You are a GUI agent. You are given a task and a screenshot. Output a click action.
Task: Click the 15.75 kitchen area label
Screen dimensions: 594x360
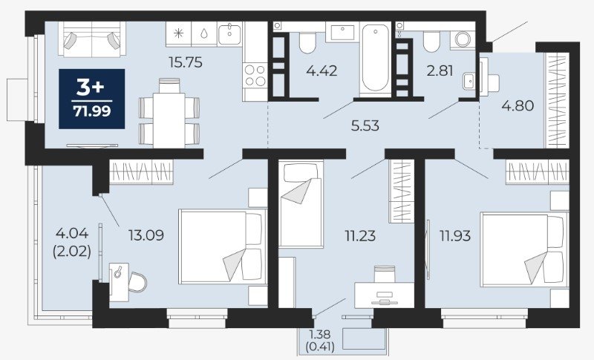[x=186, y=62]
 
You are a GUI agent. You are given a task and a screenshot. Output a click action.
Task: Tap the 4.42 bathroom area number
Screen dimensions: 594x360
[x=322, y=71]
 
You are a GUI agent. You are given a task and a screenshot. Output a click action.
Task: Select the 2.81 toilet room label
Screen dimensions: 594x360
[x=440, y=71]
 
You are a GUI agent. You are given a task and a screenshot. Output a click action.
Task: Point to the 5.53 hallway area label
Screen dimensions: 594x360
[x=365, y=125]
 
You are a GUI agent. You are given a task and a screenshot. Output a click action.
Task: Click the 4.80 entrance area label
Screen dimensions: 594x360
[x=518, y=105]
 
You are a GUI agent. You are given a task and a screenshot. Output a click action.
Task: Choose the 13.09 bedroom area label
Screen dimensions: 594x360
[x=146, y=235]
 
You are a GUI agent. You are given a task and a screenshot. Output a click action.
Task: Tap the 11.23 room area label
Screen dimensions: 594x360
[x=360, y=236]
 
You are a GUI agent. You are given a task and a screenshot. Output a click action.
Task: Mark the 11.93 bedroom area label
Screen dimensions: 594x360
[x=455, y=236]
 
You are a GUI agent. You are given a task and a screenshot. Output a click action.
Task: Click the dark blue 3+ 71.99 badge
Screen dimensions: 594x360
[x=91, y=99]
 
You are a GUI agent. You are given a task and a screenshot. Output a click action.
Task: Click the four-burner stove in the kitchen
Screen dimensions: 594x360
[x=255, y=75]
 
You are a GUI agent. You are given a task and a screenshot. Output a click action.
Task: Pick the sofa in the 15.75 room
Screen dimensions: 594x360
[x=92, y=39]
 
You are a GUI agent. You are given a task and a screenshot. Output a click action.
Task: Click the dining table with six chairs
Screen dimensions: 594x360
[x=169, y=113]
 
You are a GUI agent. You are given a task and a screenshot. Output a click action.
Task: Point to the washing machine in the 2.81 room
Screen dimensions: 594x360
[x=463, y=39]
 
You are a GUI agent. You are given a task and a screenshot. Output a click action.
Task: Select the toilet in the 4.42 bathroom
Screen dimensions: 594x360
[x=307, y=43]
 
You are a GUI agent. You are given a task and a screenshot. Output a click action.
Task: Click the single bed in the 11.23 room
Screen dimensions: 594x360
[x=301, y=204]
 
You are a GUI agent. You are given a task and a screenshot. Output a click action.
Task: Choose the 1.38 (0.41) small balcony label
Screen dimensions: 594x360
[x=320, y=341]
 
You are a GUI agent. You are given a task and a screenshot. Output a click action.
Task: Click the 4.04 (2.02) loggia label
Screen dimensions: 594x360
[x=72, y=242]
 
